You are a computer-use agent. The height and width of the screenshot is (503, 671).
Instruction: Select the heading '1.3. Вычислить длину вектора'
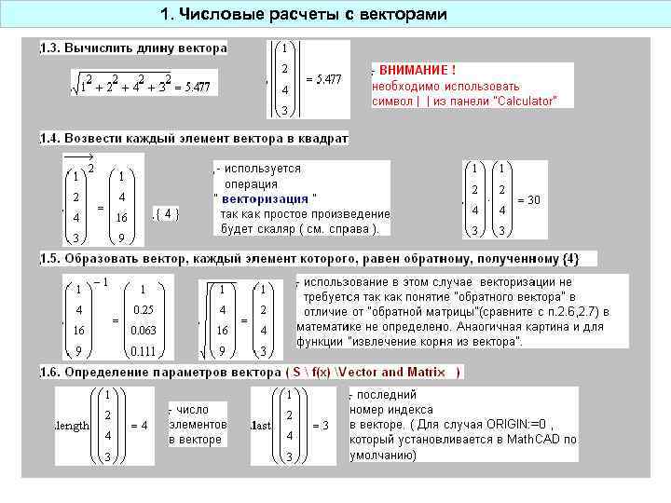133,48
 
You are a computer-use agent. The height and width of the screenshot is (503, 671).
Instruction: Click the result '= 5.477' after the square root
191,88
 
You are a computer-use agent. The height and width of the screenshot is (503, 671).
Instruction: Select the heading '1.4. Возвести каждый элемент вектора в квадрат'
194,139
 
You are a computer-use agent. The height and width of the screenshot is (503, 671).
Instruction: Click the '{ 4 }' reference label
166,213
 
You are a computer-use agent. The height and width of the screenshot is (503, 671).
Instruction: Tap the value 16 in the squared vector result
122,217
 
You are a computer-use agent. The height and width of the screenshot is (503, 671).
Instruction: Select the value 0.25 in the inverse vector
143,309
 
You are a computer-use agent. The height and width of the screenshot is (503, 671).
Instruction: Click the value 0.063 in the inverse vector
143,330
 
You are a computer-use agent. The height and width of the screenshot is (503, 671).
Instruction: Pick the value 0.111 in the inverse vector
143,351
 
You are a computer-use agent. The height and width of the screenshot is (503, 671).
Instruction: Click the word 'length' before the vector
74,426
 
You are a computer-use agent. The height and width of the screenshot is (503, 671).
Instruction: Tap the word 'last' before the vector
260,426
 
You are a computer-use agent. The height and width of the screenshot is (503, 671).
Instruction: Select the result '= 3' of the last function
320,426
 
